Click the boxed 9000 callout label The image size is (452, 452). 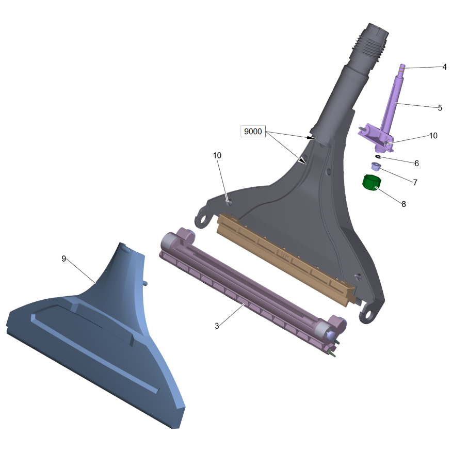click(x=253, y=132)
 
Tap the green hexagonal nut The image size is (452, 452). click(x=372, y=183)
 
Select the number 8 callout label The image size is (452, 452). click(x=403, y=204)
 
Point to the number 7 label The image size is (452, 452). click(x=415, y=183)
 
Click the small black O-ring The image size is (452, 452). click(x=378, y=156)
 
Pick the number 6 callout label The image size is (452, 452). click(x=416, y=164)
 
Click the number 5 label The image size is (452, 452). click(x=440, y=108)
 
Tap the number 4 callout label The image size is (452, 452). click(x=444, y=67)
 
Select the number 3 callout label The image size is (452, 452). click(x=217, y=326)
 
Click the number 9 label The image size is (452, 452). click(x=63, y=259)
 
